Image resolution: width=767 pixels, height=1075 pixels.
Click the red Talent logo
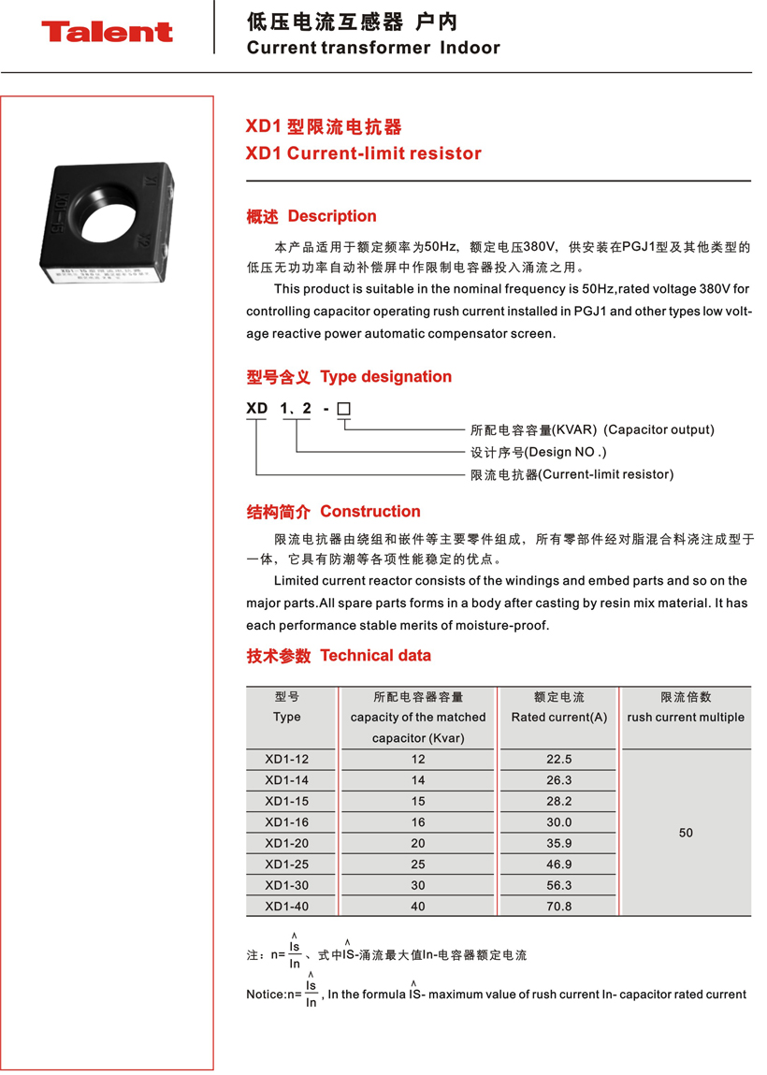[107, 32]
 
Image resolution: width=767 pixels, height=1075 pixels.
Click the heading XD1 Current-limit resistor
[363, 153]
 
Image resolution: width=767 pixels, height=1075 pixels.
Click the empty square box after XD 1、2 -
[343, 409]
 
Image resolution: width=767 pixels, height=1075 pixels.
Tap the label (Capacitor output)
[658, 430]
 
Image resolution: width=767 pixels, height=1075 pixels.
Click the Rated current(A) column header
[558, 718]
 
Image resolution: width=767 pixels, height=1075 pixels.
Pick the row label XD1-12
[286, 760]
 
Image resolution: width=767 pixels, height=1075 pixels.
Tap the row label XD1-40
[286, 907]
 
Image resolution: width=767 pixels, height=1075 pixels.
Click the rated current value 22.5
[558, 760]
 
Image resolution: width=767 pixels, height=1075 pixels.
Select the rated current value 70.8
[558, 907]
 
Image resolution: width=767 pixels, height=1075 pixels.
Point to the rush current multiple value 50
[686, 833]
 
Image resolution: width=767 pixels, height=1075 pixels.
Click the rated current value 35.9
[558, 843]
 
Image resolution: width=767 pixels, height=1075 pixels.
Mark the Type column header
[286, 718]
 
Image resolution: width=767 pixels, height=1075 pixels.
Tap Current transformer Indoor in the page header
[373, 48]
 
